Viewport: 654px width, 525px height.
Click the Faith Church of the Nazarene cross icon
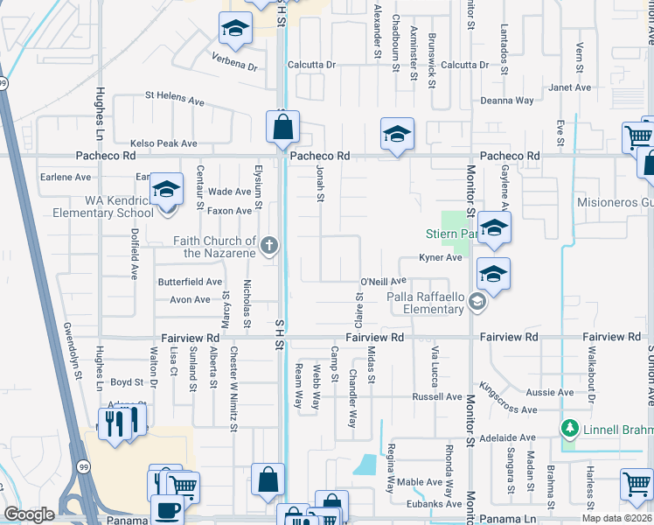(269, 246)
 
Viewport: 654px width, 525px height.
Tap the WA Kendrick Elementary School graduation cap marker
(165, 190)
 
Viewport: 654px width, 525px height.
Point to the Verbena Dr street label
(234, 66)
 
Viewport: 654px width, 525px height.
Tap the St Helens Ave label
(175, 98)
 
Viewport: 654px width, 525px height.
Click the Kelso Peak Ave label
(163, 143)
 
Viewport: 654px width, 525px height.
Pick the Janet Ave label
(570, 87)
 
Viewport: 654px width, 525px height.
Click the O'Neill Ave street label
(384, 281)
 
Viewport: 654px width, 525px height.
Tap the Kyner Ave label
(440, 258)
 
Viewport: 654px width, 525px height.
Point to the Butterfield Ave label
(190, 282)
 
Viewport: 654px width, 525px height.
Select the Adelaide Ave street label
(508, 437)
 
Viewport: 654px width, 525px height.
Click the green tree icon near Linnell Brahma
(570, 428)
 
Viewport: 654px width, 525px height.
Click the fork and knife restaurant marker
(115, 424)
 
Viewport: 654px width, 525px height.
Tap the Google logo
(29, 514)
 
